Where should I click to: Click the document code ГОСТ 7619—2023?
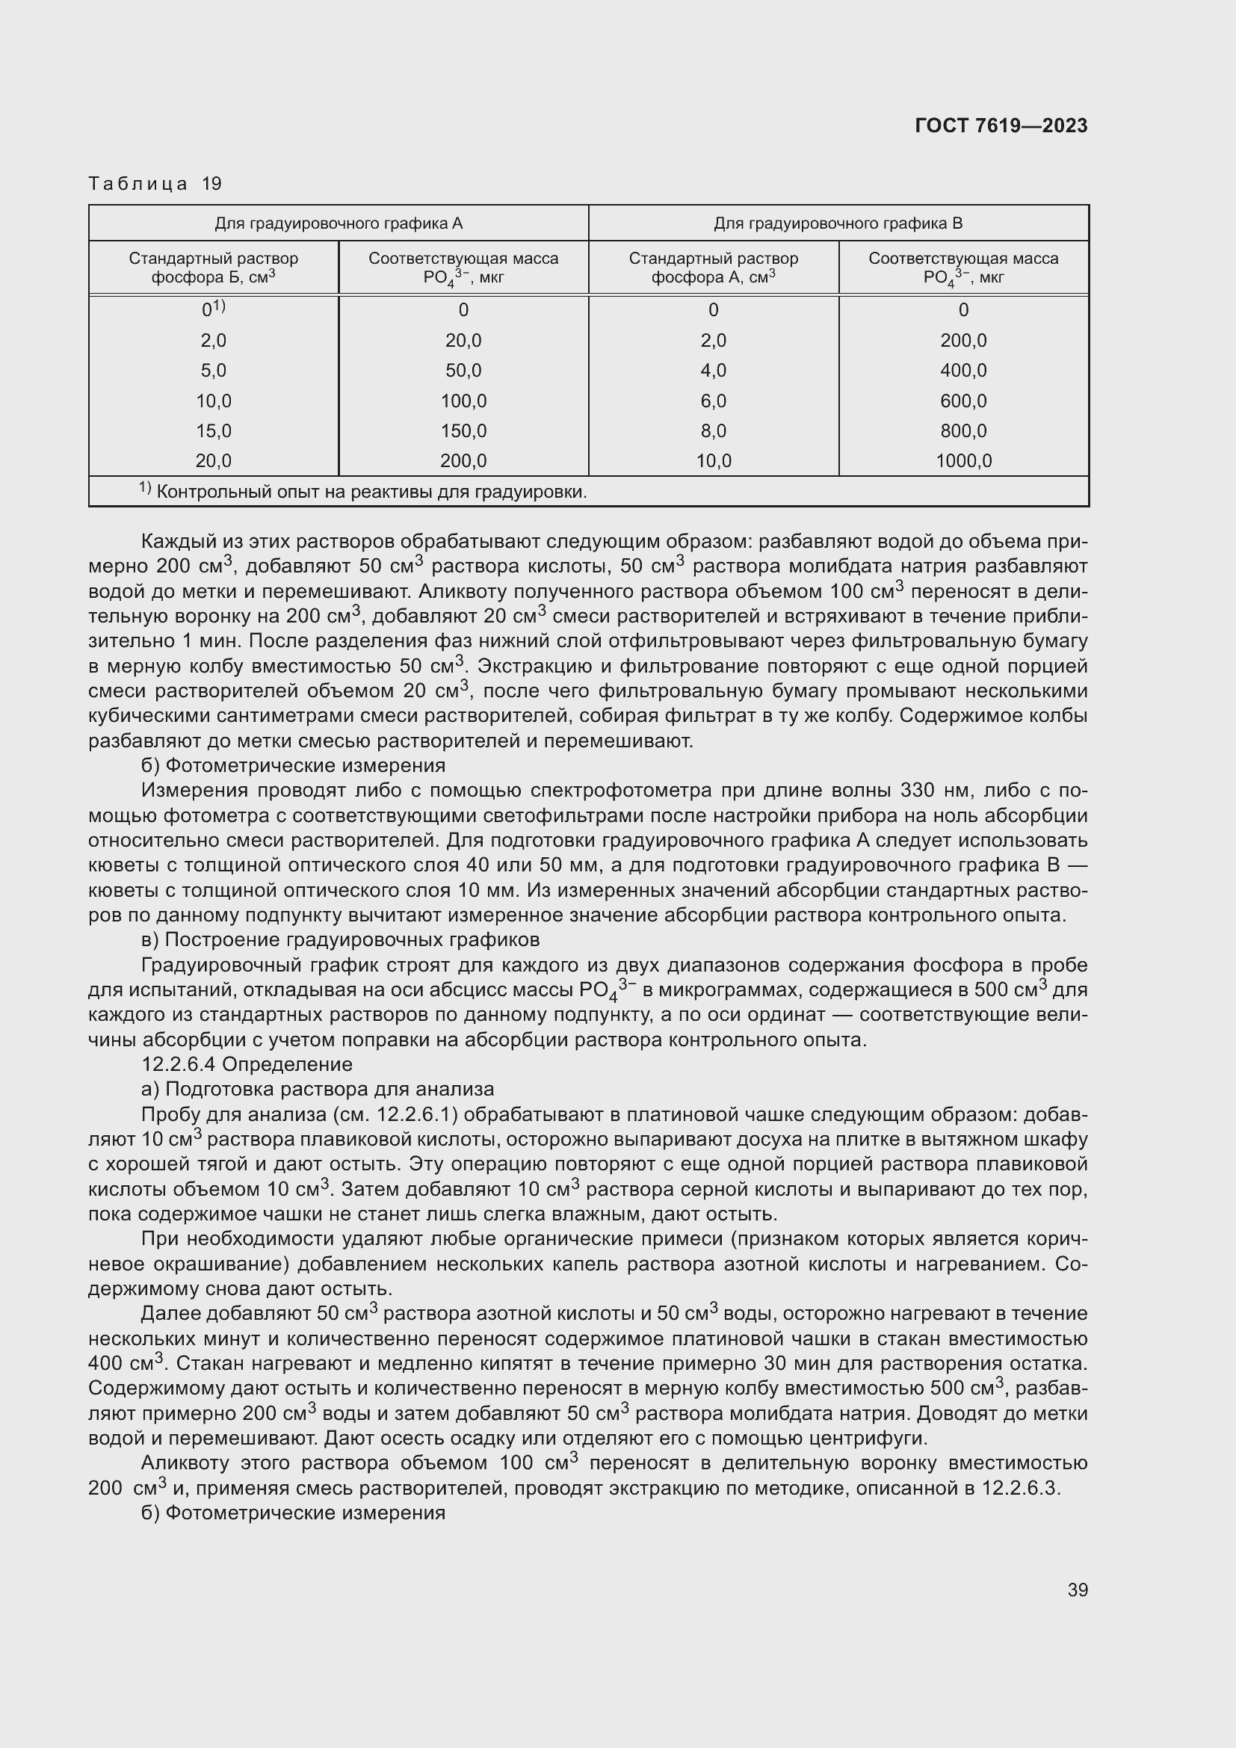coord(1001,126)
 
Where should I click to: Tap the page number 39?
coord(1077,1589)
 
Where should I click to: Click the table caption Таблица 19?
coord(155,184)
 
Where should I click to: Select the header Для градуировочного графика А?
coord(338,223)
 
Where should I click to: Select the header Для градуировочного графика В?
coord(838,223)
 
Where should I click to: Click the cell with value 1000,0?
coord(963,460)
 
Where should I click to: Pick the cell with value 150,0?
coord(463,431)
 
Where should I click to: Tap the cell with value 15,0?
coord(213,431)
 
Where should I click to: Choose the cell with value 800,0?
coord(963,431)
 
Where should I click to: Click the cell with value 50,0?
coord(463,371)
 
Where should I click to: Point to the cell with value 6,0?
coord(713,401)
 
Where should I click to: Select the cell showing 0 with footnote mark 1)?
coord(213,309)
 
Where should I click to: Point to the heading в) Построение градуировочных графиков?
coord(340,939)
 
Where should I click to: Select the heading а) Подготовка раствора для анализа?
coord(318,1090)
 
